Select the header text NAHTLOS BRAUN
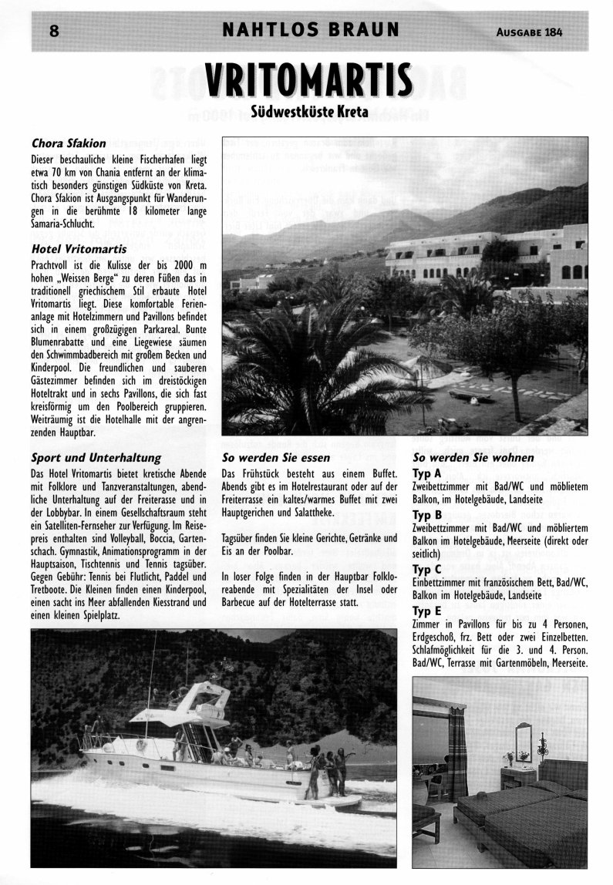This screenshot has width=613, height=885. coord(311,31)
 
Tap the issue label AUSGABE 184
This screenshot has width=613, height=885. coord(530,32)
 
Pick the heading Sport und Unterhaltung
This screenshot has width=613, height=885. coord(96,458)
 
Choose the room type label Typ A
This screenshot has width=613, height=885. coord(427,473)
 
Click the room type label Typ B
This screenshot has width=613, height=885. coord(427,514)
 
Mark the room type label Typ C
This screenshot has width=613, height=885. coord(427,569)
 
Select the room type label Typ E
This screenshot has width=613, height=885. coord(427,610)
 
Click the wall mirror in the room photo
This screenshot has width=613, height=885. coord(524,741)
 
